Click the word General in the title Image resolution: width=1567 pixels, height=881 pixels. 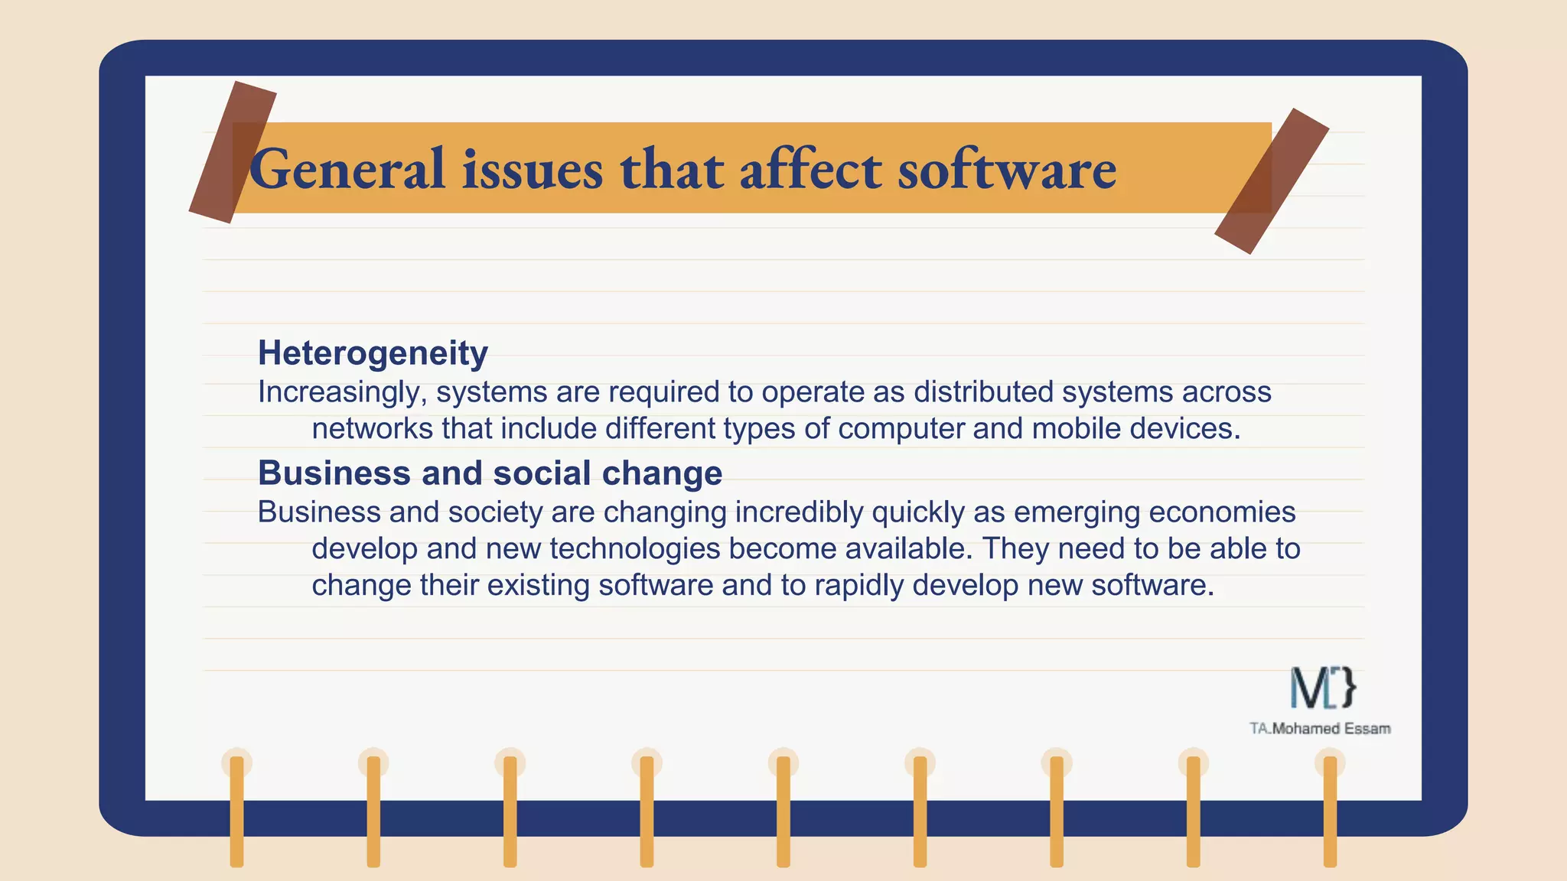tap(347, 169)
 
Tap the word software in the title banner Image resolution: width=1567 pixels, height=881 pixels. tap(1007, 169)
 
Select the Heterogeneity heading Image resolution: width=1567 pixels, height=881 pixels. tap(373, 353)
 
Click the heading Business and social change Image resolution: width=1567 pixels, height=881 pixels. tap(490, 473)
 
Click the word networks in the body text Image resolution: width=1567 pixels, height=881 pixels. tap(372, 429)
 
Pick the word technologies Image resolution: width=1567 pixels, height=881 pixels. tap(634, 549)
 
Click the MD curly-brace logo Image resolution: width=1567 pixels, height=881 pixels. tap(1323, 688)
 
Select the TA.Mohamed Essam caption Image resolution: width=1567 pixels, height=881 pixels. tap(1320, 729)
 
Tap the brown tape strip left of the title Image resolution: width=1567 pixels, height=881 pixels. tap(232, 152)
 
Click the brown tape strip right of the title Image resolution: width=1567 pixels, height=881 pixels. tap(1272, 180)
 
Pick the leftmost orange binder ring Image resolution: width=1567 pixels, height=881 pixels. tap(236, 811)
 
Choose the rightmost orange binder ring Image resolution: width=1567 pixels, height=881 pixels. tap(1330, 811)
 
